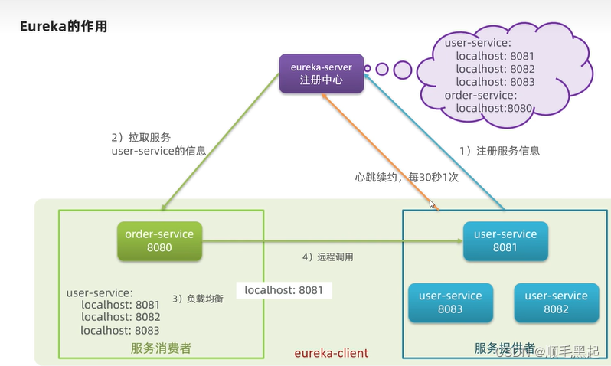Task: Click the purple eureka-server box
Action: (x=321, y=74)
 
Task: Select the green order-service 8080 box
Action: (x=159, y=240)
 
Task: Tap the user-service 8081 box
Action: (x=505, y=240)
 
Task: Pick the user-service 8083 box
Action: (x=450, y=302)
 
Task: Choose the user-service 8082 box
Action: (x=556, y=302)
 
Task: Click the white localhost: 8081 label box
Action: (x=283, y=290)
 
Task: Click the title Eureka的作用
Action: (x=64, y=27)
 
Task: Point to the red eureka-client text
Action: (x=332, y=353)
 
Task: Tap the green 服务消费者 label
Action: (x=161, y=348)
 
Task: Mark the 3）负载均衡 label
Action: (x=198, y=298)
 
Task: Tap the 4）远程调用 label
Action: (x=328, y=257)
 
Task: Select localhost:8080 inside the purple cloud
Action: (x=494, y=109)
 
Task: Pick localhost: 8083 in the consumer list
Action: (x=119, y=330)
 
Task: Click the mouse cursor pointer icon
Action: (x=433, y=204)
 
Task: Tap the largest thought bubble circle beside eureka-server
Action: (x=403, y=70)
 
